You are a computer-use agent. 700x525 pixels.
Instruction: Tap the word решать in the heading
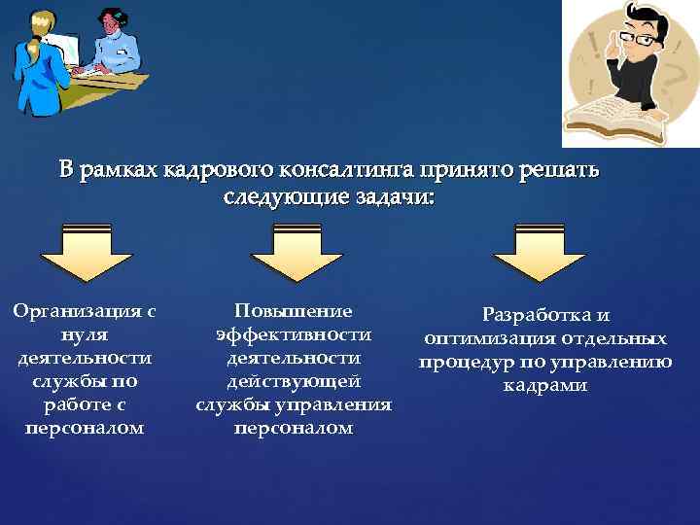[561, 171]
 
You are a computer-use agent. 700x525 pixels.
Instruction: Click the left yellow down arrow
[87, 254]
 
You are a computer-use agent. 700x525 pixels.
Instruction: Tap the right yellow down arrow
[540, 254]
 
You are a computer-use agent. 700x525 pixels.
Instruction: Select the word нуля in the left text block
[84, 334]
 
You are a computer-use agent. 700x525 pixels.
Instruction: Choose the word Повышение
[294, 311]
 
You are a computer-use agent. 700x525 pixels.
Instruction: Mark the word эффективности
[294, 334]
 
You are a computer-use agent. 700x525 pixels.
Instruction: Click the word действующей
[294, 381]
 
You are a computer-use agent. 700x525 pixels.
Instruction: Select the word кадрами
[545, 386]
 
